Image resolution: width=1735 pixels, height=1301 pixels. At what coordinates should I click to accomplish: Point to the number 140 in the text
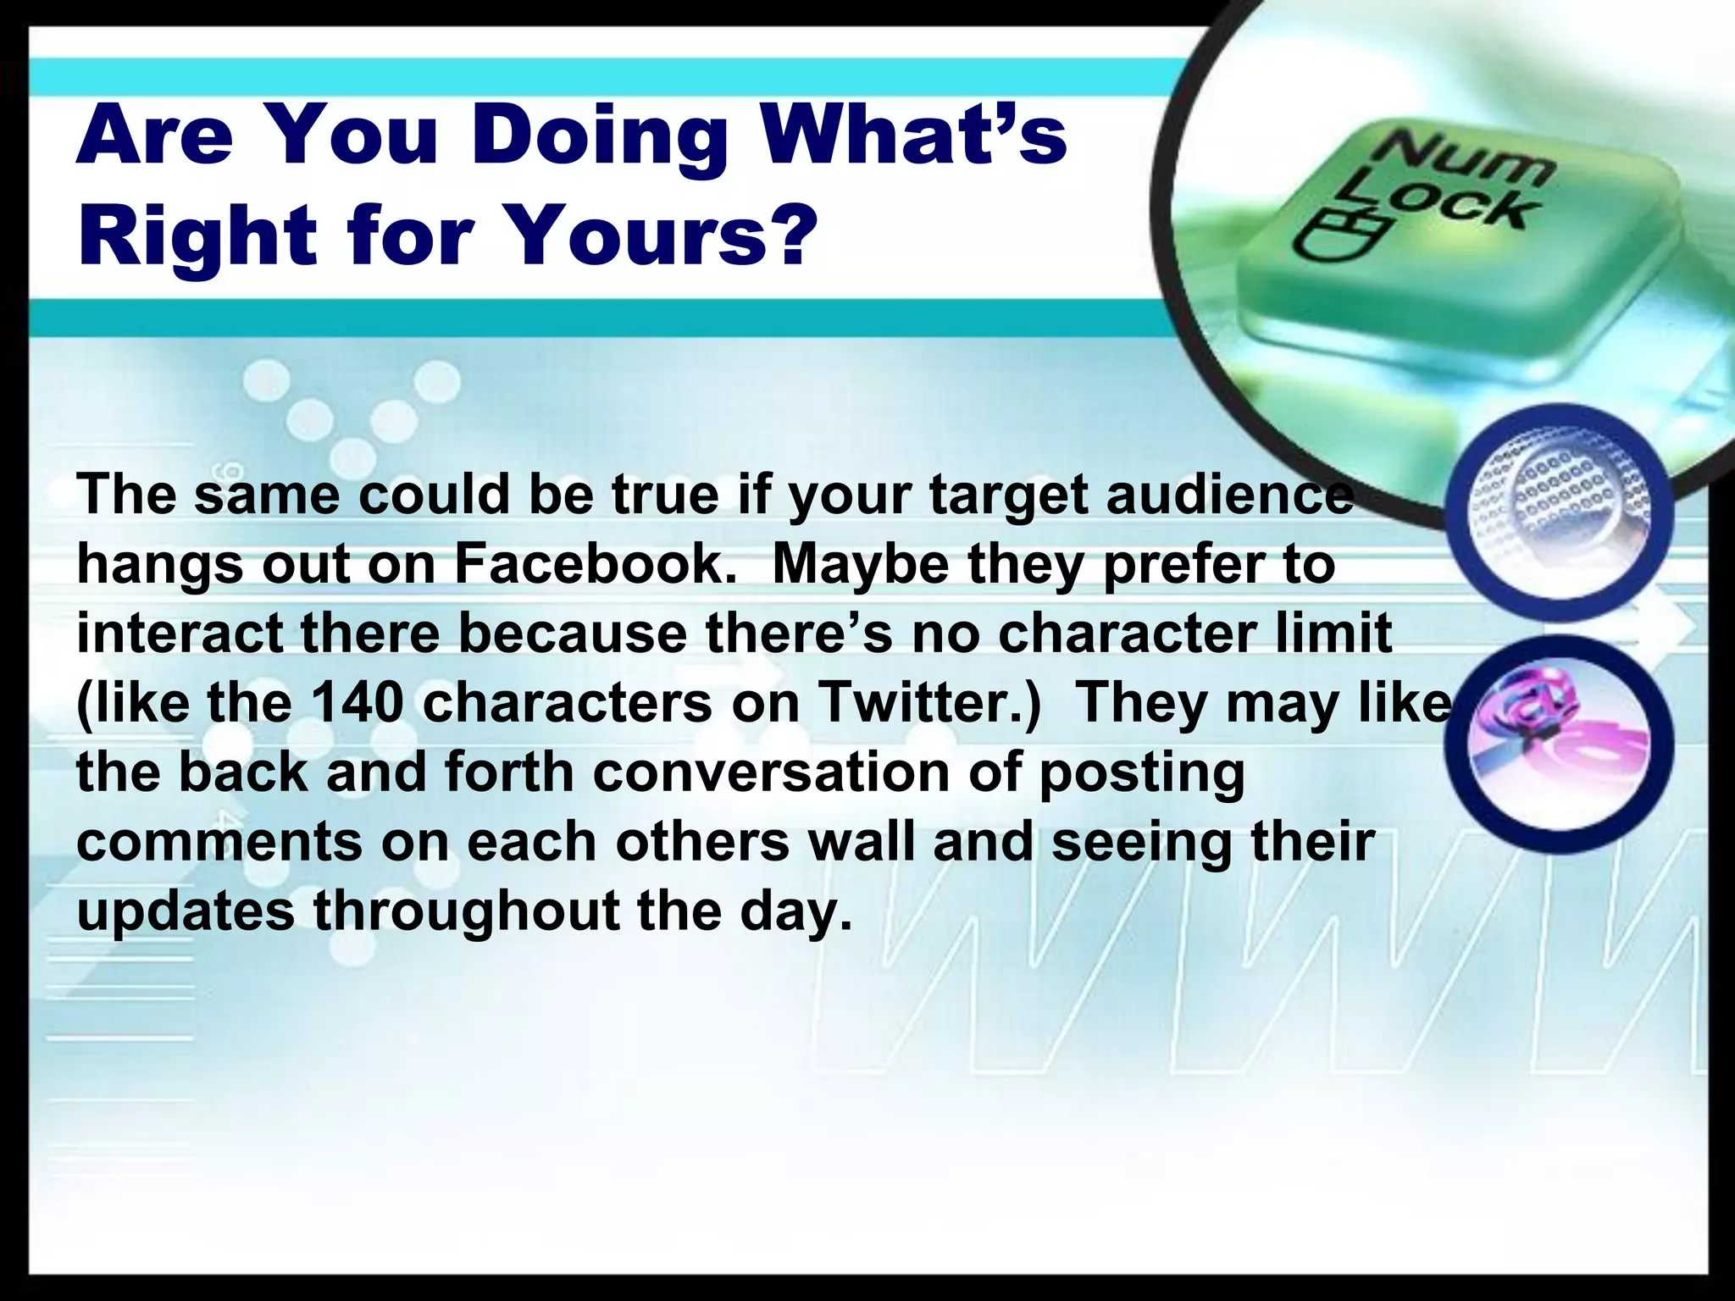coord(356,703)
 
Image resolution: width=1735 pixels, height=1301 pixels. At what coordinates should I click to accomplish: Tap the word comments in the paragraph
coord(219,842)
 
